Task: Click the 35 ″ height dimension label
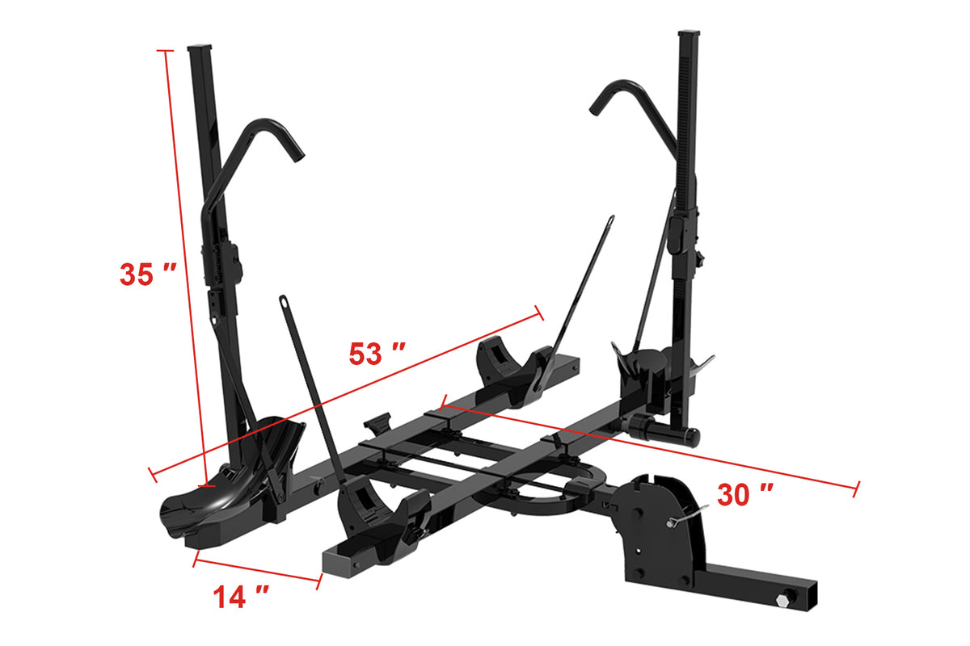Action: pyautogui.click(x=148, y=274)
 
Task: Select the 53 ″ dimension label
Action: pyautogui.click(x=377, y=354)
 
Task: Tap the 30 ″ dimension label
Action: pyautogui.click(x=745, y=494)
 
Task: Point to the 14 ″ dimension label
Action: pyautogui.click(x=241, y=597)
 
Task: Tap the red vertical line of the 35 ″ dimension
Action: pyautogui.click(x=184, y=266)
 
